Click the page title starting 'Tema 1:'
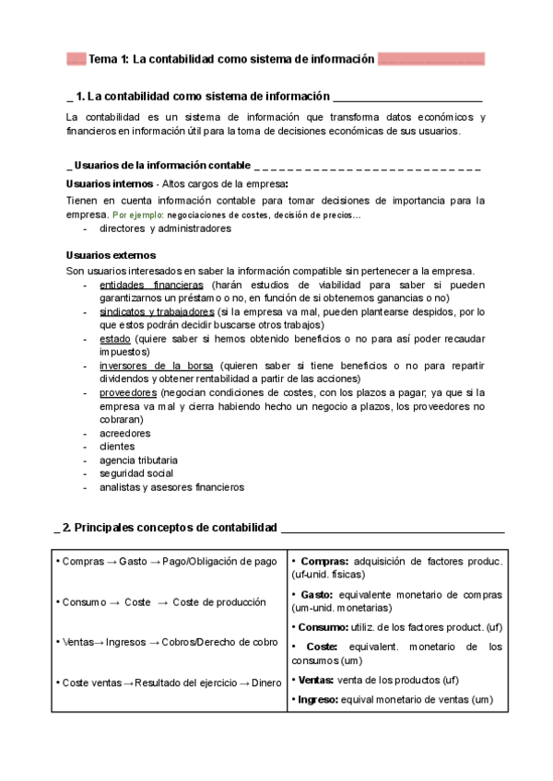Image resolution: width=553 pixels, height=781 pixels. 231,59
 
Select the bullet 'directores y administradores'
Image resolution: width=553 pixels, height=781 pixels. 165,227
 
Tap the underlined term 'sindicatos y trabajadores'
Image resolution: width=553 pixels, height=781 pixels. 157,312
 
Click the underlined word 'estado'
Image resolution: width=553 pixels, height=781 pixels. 115,339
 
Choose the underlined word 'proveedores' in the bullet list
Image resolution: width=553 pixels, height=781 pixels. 128,392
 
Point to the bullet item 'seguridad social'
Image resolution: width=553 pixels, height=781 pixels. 136,473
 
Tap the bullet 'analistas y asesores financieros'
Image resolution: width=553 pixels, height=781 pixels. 171,487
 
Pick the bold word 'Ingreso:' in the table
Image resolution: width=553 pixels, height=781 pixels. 319,700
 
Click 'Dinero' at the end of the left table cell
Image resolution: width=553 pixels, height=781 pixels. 265,682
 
